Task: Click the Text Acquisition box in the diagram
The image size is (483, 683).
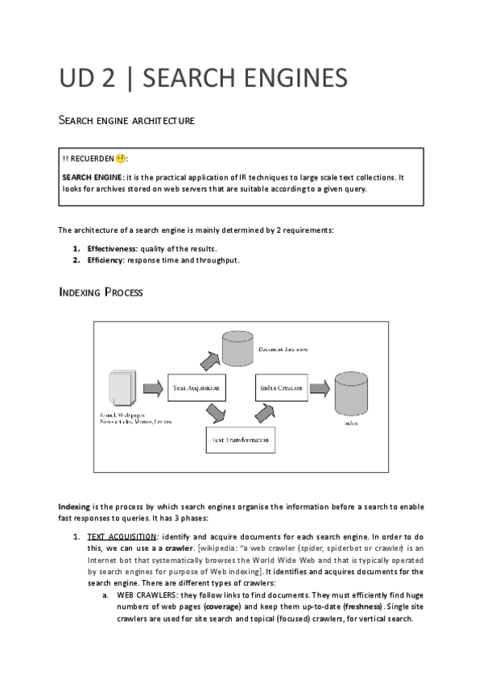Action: tap(196, 388)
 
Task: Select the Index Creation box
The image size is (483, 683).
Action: tap(282, 388)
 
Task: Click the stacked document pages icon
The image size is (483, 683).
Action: tap(122, 391)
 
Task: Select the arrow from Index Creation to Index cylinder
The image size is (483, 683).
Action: tap(320, 388)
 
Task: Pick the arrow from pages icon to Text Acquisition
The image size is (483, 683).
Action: tap(153, 388)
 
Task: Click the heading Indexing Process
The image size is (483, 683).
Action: tap(101, 292)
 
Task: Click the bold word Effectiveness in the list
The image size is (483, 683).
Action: tap(113, 248)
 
